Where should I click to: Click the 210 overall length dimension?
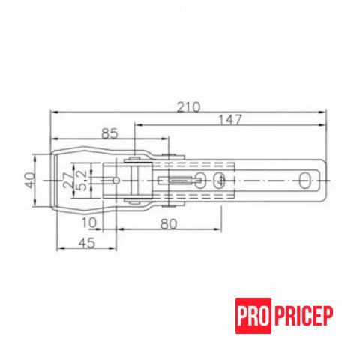(188, 107)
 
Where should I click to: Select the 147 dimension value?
(230, 120)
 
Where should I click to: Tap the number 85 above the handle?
(109, 133)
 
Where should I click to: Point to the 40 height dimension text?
(30, 180)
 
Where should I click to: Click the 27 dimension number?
(68, 180)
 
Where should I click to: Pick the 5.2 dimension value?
(81, 181)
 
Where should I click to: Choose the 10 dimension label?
(89, 223)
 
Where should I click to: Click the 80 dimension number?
(169, 224)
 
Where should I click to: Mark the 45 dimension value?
(87, 243)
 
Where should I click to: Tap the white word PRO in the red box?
(253, 316)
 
